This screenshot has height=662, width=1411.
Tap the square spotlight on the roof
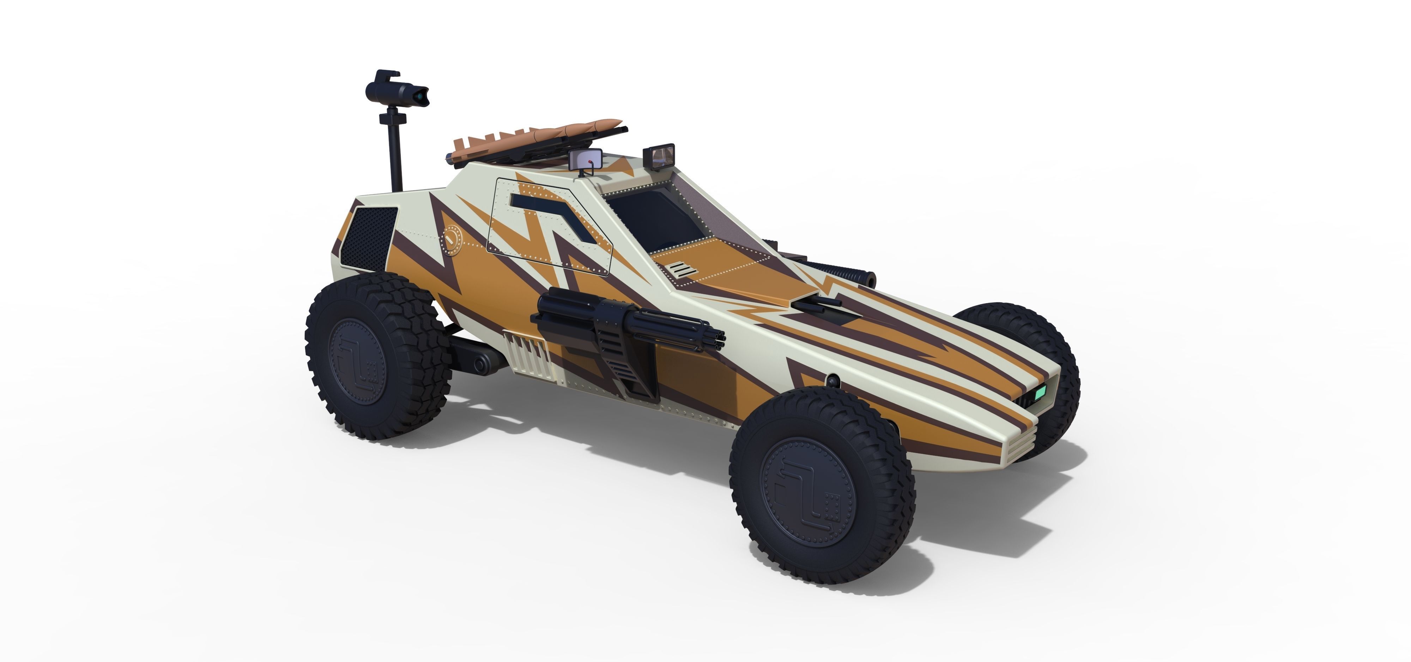pos(662,155)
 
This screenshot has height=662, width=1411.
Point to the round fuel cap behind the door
pos(452,240)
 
